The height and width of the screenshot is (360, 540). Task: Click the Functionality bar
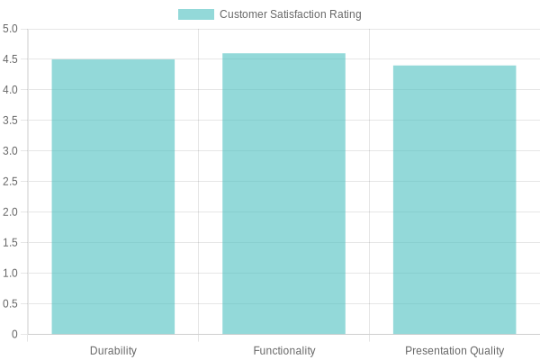pos(284,193)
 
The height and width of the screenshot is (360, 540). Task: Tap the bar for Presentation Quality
pos(454,200)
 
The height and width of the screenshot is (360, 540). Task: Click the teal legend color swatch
pos(196,14)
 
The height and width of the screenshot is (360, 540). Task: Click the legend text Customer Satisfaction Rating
pos(290,14)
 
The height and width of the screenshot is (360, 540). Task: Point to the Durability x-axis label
pos(113,350)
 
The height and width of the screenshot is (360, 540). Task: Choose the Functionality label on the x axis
pos(284,350)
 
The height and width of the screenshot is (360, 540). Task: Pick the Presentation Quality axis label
pos(454,350)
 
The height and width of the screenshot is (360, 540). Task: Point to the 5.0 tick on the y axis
pos(10,29)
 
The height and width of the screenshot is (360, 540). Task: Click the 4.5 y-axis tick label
pos(10,59)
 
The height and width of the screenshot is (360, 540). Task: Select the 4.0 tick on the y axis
pos(10,90)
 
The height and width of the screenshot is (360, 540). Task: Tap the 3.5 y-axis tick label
pos(10,121)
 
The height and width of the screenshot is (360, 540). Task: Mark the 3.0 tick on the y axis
pos(10,151)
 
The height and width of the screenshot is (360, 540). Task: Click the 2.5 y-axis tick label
pos(10,182)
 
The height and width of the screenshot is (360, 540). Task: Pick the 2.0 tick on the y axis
pos(10,212)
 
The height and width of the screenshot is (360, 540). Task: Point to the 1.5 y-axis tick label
pos(10,243)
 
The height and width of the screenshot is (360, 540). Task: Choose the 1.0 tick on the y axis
pos(10,274)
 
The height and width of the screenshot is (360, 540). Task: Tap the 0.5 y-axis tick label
pos(10,304)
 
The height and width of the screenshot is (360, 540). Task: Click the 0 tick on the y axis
pos(14,335)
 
